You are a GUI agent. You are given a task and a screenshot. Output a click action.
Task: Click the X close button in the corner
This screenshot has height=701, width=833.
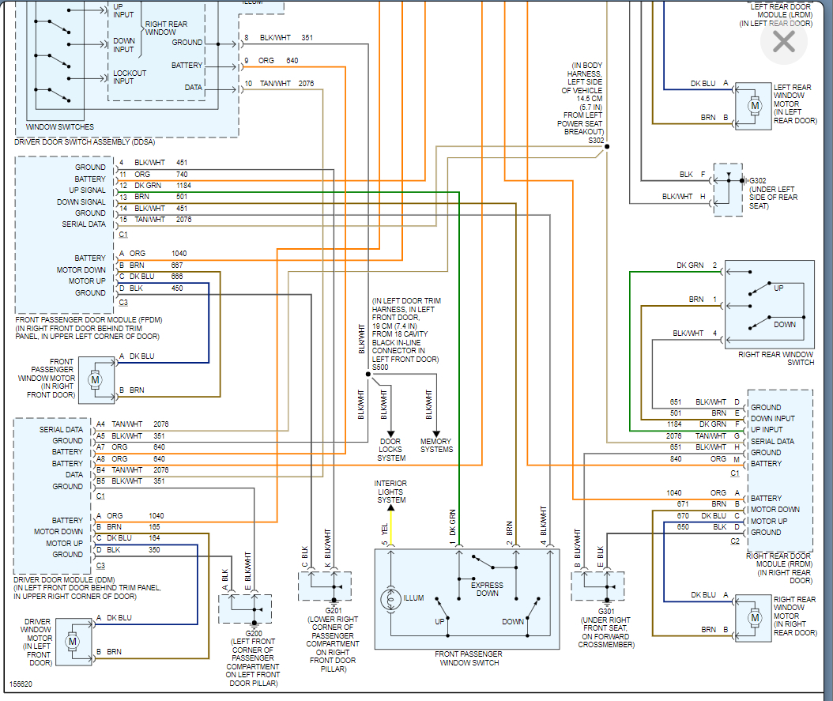[783, 42]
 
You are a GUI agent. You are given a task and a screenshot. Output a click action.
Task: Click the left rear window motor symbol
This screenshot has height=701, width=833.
[754, 105]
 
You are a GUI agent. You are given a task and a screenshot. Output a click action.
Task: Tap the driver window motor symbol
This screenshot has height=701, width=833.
[72, 641]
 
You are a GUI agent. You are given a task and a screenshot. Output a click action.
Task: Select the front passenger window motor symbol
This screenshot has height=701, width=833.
[95, 379]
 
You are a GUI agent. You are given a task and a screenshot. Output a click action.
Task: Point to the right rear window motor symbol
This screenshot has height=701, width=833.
[754, 616]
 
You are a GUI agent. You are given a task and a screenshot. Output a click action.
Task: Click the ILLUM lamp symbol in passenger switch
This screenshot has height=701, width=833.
[391, 598]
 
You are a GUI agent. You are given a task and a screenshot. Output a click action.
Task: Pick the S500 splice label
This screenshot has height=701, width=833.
[380, 367]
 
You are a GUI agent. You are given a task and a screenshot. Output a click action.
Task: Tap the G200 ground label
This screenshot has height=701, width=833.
[254, 634]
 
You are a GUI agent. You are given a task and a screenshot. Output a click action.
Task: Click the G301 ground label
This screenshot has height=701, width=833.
[606, 611]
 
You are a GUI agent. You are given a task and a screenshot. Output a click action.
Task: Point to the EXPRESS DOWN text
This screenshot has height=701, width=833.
[488, 590]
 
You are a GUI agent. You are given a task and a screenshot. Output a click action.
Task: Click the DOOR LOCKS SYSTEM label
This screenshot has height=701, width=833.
[390, 450]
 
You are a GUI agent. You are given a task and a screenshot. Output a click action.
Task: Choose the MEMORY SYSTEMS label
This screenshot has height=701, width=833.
[436, 446]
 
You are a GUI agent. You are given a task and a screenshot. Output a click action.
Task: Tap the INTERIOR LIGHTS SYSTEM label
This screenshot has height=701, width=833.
[391, 492]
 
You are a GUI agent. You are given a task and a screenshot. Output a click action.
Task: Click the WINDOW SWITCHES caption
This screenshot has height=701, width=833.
[59, 126]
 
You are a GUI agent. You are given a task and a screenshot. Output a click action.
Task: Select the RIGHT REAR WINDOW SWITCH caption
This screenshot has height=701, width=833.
[775, 359]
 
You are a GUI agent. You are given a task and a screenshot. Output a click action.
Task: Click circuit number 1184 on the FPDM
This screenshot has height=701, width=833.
[183, 185]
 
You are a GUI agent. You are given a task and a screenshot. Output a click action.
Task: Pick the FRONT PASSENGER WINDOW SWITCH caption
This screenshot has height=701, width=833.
[467, 658]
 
